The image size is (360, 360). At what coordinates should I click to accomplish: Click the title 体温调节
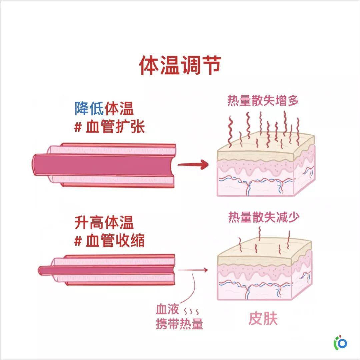tap(180, 65)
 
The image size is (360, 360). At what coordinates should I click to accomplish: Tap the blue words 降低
tap(89, 108)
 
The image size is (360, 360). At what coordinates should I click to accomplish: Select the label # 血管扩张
tap(110, 127)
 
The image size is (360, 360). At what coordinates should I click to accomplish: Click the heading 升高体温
tap(104, 222)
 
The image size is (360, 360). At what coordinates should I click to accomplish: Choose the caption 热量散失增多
tap(263, 101)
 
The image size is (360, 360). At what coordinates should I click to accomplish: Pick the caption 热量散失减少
tap(264, 217)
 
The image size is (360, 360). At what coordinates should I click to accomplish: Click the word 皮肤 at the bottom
tap(263, 319)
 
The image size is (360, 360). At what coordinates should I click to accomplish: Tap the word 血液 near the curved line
tap(167, 309)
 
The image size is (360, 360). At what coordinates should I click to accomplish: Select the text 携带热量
tap(180, 324)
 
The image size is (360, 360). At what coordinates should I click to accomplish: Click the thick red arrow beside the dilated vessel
tap(193, 164)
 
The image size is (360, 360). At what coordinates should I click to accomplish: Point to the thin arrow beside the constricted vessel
tap(193, 270)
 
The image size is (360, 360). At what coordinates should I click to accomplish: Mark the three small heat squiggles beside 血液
tap(191, 312)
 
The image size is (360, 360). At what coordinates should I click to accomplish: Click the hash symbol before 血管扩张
tap(78, 127)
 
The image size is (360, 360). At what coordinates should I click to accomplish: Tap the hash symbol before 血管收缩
tap(78, 241)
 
